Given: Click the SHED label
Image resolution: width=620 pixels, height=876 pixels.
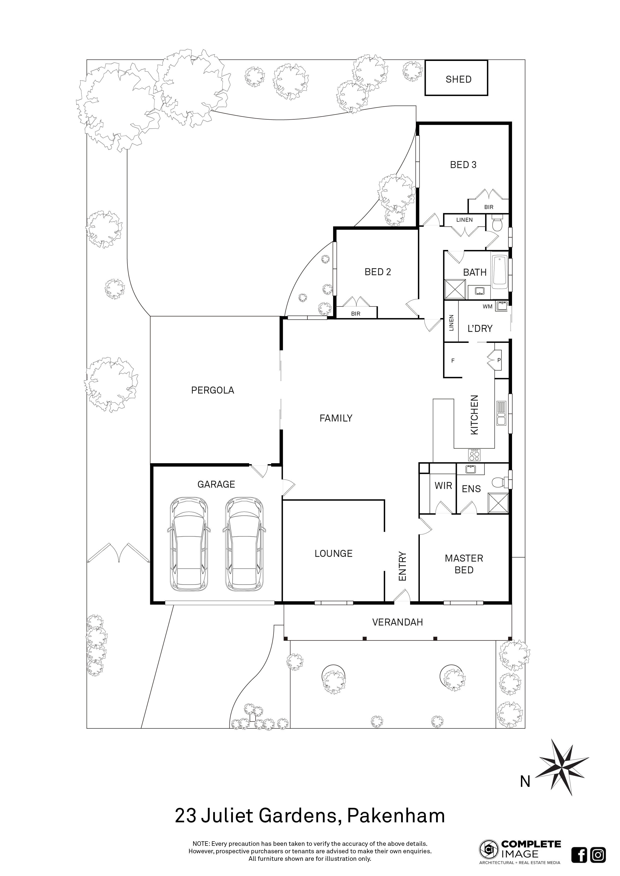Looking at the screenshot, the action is [x=459, y=79].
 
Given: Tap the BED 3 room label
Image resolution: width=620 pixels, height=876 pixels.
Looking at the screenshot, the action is [x=463, y=165].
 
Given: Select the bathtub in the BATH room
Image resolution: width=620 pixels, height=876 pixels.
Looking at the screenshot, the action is [x=500, y=272].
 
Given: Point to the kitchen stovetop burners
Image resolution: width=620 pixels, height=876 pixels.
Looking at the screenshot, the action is [x=475, y=455].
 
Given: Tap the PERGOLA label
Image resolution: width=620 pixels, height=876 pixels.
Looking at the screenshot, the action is [x=213, y=390].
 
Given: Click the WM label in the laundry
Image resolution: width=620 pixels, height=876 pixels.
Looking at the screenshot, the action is [x=488, y=307].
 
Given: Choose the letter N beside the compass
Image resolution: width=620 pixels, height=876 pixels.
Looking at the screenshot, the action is [x=525, y=782].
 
